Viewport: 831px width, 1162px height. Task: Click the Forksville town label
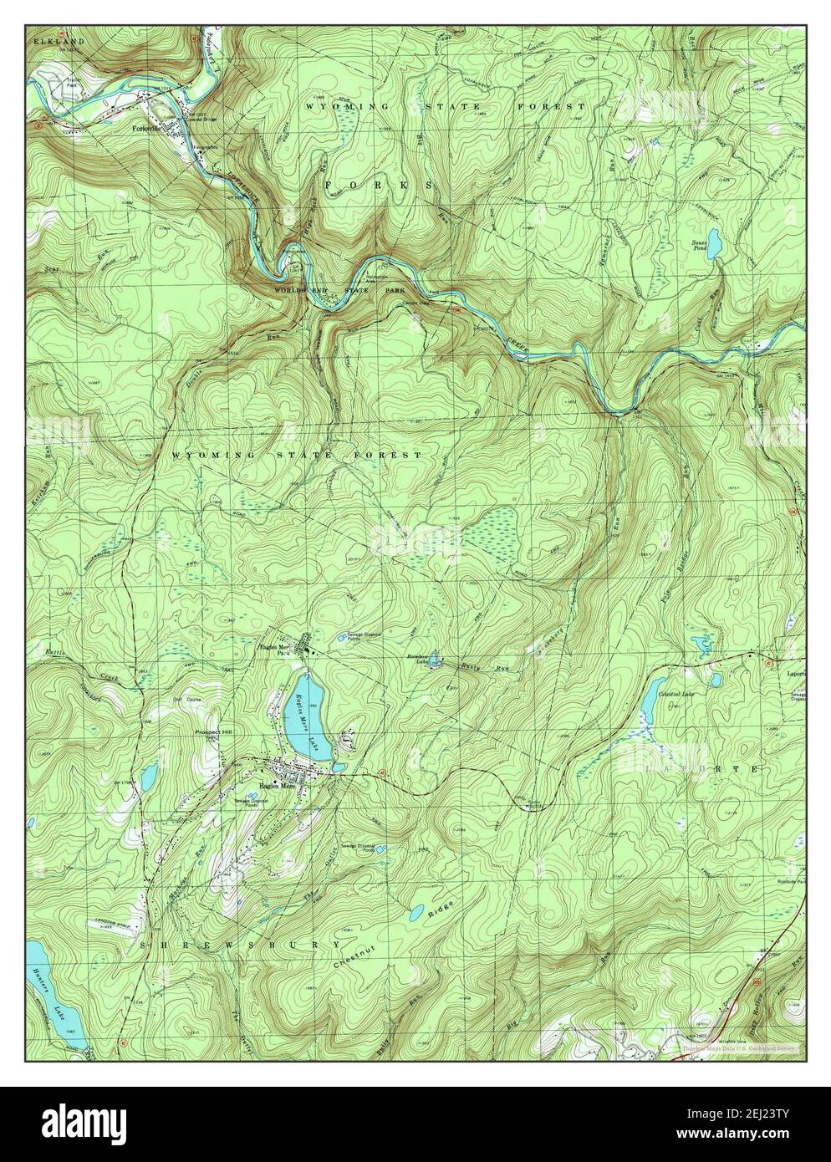[147, 130]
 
